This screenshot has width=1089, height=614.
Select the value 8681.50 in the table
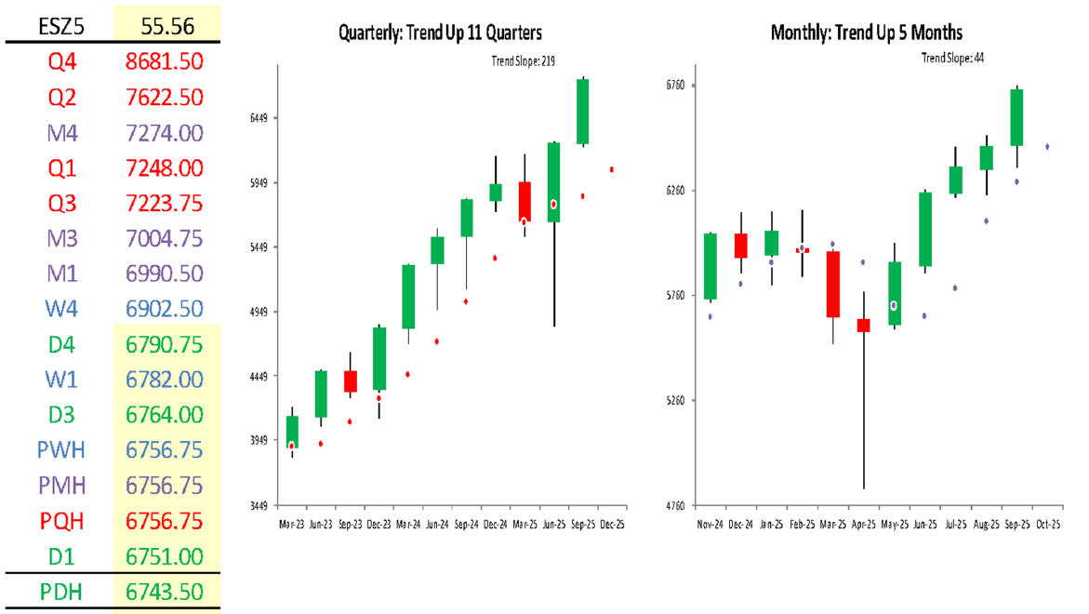click(164, 62)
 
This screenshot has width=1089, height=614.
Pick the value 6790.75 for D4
click(164, 344)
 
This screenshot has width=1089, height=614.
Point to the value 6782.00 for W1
click(164, 380)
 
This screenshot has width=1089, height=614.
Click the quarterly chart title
click(440, 33)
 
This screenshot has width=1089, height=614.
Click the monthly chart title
click(866, 33)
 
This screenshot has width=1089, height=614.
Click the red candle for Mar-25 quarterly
click(525, 201)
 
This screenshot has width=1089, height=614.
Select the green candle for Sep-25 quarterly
click(583, 112)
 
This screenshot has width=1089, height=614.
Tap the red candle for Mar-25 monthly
click(832, 284)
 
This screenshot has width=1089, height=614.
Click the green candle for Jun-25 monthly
click(925, 229)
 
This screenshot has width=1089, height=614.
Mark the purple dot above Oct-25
click(1047, 146)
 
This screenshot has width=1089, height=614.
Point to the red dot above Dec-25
click(612, 169)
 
